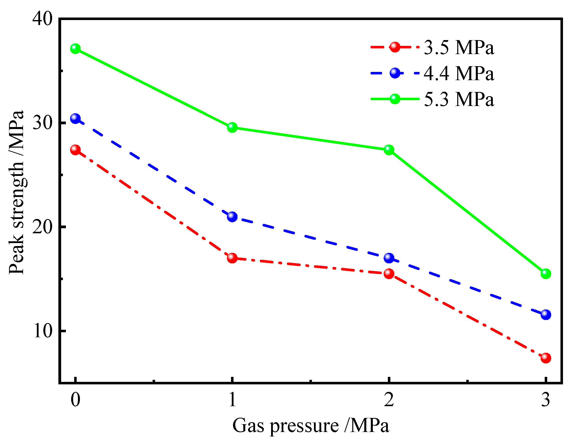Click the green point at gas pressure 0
[x=75, y=49]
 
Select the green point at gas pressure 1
[x=232, y=127]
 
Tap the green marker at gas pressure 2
[x=389, y=150]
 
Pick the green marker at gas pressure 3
[x=546, y=274]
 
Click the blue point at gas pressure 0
[x=75, y=119]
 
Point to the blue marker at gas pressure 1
[x=232, y=217]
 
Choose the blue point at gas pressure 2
[x=389, y=258]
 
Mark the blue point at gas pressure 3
[x=546, y=314]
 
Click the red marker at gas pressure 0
[x=75, y=150]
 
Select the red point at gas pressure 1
[x=232, y=258]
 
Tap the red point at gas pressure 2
[x=389, y=274]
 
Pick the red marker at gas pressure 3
[x=546, y=358]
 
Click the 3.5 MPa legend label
[x=459, y=48]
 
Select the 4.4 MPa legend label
[x=459, y=73]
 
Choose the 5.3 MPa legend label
[x=459, y=99]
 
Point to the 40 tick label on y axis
[x=43, y=19]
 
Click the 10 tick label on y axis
[x=43, y=331]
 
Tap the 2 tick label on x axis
[x=389, y=400]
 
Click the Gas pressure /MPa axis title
[x=311, y=426]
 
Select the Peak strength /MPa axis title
[x=16, y=192]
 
